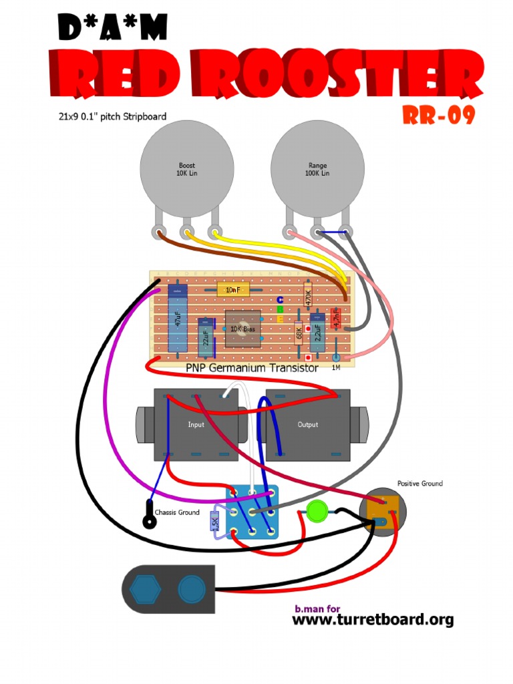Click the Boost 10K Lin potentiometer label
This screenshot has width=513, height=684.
click(x=187, y=169)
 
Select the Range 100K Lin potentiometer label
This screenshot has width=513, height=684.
click(x=318, y=169)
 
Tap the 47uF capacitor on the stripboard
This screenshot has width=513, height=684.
click(x=177, y=317)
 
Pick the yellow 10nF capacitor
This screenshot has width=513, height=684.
click(x=233, y=289)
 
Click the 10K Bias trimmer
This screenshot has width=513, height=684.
click(x=242, y=329)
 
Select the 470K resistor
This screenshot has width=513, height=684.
click(x=308, y=297)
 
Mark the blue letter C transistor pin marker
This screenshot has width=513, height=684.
click(x=281, y=299)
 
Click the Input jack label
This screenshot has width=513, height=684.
click(x=196, y=424)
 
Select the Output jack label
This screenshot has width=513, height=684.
click(x=307, y=424)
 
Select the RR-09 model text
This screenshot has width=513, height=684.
click(x=439, y=116)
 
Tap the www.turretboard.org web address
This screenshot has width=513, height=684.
click(x=373, y=619)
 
